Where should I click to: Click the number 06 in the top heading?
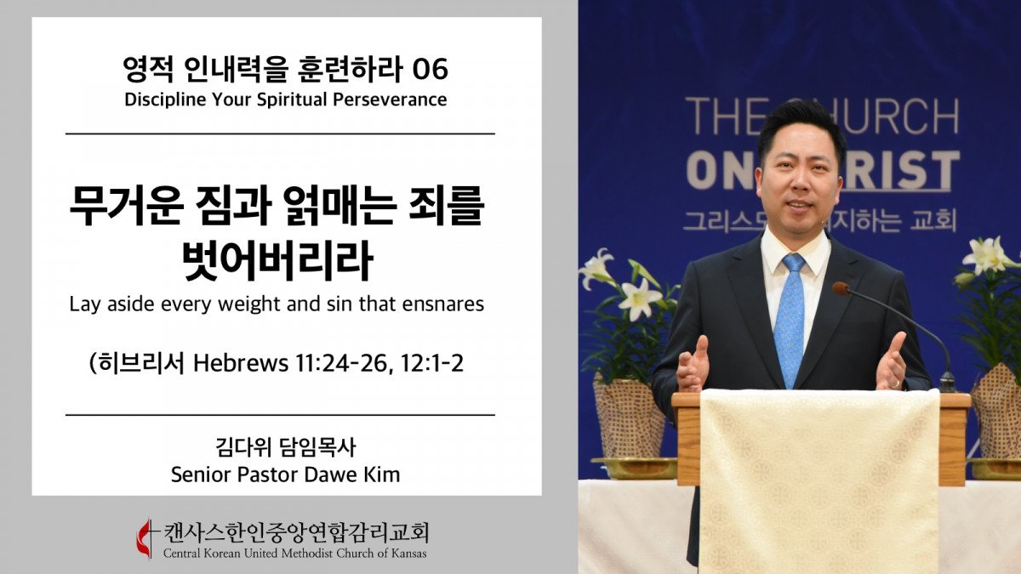point(430,70)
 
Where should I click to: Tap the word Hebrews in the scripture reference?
point(241,363)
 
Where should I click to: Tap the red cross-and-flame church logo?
point(146,539)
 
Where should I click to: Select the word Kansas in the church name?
point(409,554)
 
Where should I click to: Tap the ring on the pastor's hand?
point(895,384)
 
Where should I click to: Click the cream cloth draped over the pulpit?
point(819,480)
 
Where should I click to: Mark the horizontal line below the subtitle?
point(280,134)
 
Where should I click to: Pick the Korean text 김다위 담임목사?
point(285,447)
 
